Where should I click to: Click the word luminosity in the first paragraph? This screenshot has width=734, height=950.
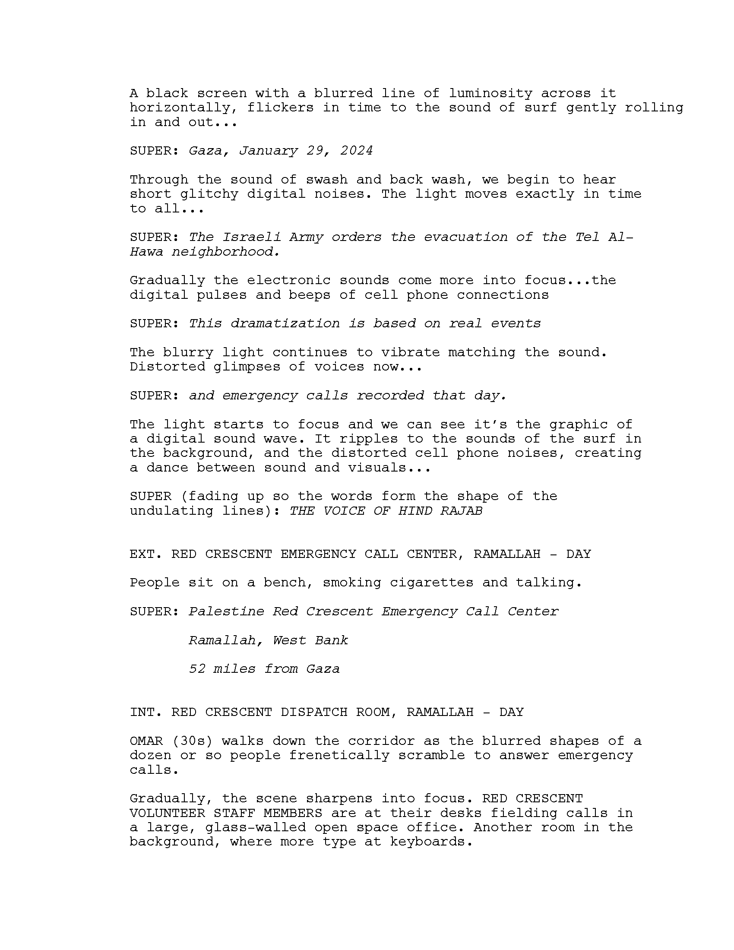pyautogui.click(x=490, y=94)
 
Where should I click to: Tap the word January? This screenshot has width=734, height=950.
pyautogui.click(x=268, y=151)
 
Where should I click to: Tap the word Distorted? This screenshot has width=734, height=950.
pyautogui.click(x=168, y=367)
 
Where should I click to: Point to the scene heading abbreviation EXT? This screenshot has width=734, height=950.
pyautogui.click(x=146, y=554)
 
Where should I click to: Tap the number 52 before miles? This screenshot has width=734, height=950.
pyautogui.click(x=196, y=668)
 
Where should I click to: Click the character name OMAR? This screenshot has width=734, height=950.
pyautogui.click(x=146, y=741)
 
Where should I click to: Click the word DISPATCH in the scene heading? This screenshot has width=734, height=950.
pyautogui.click(x=314, y=712)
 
